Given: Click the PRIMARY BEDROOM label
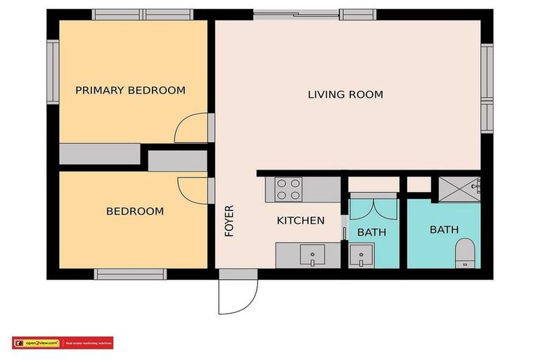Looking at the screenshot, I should click(130, 90).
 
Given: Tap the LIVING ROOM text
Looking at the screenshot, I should click(345, 94).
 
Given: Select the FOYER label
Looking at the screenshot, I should click(229, 221).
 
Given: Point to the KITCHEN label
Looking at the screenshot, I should click(300, 221).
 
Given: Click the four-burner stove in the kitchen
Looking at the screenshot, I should click(288, 189).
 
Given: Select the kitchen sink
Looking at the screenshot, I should click(312, 254).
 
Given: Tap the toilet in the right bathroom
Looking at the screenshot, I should click(465, 252).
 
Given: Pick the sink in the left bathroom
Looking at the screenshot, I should click(362, 255).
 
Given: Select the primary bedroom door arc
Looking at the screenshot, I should click(190, 129).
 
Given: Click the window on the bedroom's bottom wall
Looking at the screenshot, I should click(130, 274).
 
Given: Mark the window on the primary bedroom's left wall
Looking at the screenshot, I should click(53, 72).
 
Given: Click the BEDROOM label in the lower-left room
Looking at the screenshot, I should click(134, 211).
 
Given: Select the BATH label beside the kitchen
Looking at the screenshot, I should click(371, 232).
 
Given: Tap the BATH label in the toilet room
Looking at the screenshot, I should click(444, 229).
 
